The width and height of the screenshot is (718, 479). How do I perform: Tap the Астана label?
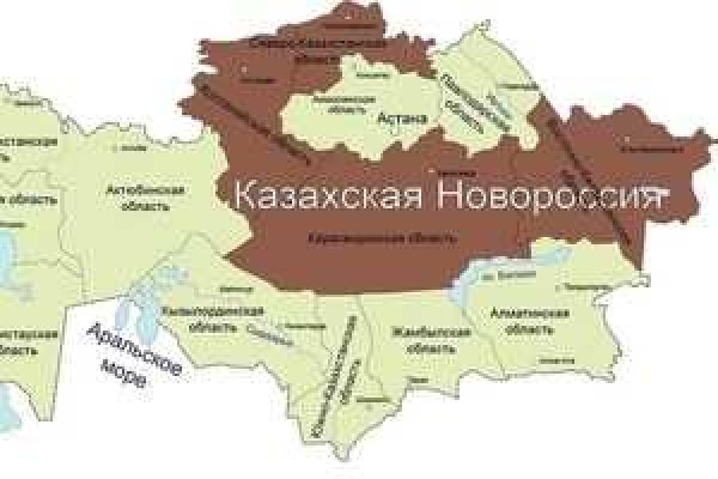[402, 119]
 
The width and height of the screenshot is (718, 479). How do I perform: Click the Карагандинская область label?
[383, 239]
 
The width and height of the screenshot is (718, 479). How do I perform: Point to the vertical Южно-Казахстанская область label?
[337, 377]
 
